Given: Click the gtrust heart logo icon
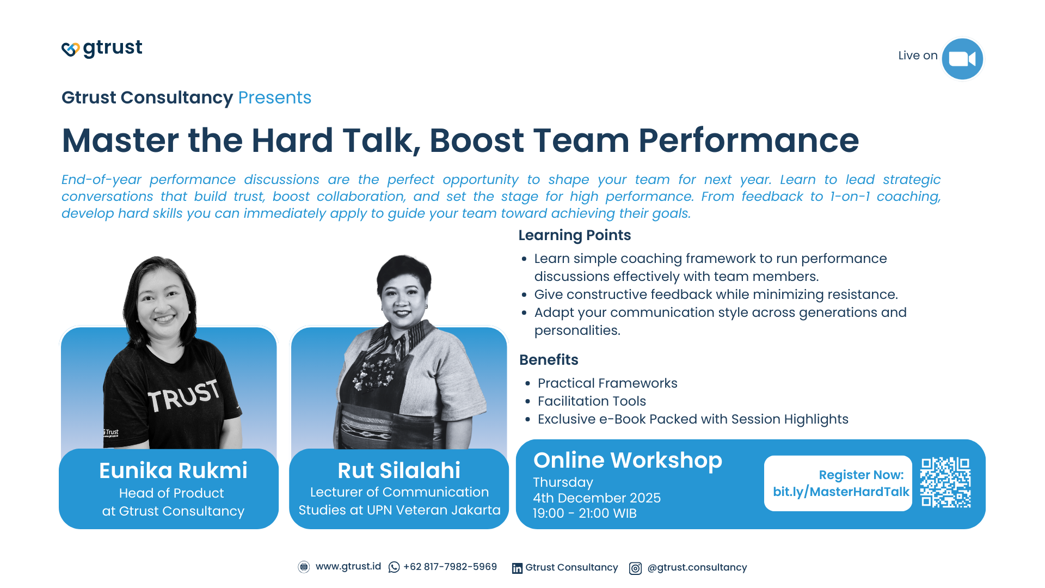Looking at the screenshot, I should [70, 49].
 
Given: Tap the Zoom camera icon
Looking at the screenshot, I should [962, 59].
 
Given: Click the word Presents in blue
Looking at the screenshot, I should [274, 97].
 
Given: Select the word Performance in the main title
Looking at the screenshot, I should [748, 140].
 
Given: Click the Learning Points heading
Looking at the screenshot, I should [574, 235].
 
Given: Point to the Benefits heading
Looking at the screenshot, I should [548, 360].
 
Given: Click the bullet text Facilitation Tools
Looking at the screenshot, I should [592, 401].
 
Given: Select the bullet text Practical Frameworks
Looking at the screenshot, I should [607, 383].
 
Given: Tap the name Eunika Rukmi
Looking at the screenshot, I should [173, 470].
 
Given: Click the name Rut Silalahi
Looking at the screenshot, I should [398, 470].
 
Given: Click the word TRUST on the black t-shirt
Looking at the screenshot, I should [184, 396].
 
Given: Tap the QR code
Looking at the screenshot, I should [945, 482].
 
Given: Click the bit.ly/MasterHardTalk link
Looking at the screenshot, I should [840, 492].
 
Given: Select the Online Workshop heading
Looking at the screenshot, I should [627, 461].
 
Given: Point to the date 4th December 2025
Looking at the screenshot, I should [597, 498].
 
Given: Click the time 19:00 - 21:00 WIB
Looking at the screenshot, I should [584, 513].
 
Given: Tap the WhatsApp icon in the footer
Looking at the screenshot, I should [394, 567].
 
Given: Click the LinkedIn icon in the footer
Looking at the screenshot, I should [517, 568].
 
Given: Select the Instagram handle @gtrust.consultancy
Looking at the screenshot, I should [697, 567].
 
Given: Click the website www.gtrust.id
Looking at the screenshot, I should [348, 567].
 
